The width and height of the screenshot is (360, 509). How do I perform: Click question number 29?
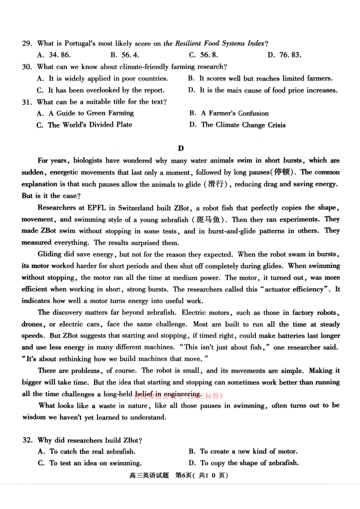point(27,44)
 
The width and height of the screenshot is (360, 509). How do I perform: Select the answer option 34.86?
point(60,55)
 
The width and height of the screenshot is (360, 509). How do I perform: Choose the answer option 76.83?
point(290,55)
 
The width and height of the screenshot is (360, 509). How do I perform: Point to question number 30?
point(27,67)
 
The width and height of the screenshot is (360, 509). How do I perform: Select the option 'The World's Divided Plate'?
point(90,125)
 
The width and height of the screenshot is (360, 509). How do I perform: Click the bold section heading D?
point(181,148)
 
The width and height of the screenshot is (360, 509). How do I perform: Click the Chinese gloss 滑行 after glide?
point(216,184)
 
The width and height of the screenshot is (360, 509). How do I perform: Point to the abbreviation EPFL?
point(97,208)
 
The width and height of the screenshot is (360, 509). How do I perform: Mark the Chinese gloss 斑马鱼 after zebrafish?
point(208,220)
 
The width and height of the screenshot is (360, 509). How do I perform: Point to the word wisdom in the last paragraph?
point(34,417)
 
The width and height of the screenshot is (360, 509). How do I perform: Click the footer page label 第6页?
point(183,476)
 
